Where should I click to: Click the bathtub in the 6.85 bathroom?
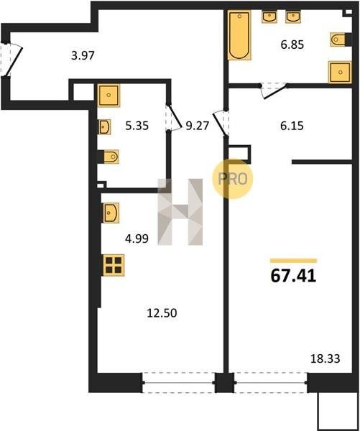239,35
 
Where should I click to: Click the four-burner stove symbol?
114,265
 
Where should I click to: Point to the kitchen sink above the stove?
111,213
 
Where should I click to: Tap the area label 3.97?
83,55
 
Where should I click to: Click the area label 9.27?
198,126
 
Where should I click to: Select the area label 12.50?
162,313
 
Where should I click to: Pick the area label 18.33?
326,358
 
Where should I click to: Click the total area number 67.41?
293,276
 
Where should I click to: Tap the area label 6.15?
292,126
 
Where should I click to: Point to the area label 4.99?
137,238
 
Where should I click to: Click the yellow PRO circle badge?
232,179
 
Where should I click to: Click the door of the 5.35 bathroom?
174,116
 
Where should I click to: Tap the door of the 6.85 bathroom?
274,90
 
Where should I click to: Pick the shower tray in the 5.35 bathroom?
109,95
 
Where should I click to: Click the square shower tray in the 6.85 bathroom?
340,73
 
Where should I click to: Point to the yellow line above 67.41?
293,261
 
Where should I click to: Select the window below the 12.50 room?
178,383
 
